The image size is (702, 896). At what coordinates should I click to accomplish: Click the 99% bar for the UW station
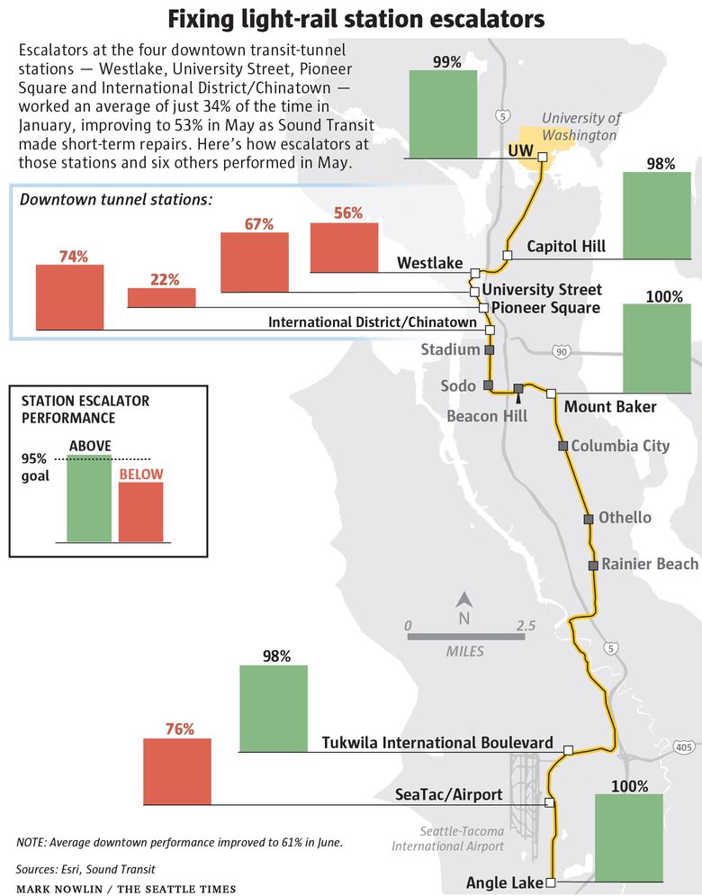point(443,113)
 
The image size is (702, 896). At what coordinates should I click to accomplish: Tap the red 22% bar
point(161,297)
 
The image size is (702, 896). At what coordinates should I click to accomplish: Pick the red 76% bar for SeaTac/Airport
point(177,771)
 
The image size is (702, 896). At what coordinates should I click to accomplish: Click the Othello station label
point(625,518)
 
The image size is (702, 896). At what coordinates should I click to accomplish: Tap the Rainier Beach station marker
point(593,566)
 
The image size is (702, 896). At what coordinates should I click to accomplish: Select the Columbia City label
point(620,446)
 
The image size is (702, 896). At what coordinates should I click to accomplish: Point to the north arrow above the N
point(464,600)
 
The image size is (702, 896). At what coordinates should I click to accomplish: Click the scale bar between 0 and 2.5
point(466,637)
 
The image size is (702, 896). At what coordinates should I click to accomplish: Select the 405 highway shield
point(683,747)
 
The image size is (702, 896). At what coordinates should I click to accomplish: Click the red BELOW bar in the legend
point(141,511)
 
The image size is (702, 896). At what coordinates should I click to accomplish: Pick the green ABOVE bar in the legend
point(90,498)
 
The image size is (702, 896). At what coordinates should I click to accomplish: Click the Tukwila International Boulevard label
point(437,743)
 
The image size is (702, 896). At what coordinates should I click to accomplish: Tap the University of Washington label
point(580,127)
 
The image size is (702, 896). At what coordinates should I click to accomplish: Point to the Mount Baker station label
point(610,407)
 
